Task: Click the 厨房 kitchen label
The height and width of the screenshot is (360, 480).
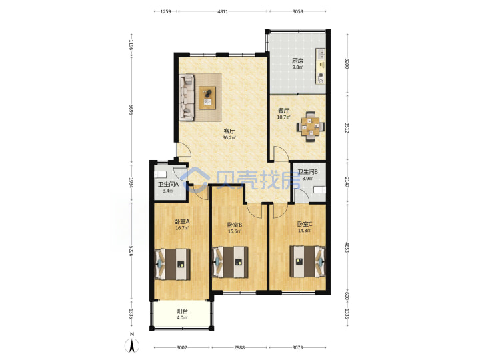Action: [297, 61]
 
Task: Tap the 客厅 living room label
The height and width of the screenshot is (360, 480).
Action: [229, 131]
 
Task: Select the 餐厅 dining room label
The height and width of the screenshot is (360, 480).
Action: [283, 111]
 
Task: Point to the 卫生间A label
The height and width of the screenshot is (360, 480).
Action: [168, 185]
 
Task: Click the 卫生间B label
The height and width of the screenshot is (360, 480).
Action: [307, 172]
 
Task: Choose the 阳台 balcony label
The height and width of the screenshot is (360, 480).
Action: [182, 311]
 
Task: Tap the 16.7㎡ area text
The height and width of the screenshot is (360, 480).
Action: [182, 228]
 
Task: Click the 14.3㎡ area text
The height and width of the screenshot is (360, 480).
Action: [305, 231]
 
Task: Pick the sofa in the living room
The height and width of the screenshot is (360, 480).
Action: [187, 97]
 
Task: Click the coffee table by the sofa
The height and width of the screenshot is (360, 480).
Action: [207, 97]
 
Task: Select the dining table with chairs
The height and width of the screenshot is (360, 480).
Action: [311, 127]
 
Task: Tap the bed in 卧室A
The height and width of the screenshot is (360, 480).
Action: [173, 264]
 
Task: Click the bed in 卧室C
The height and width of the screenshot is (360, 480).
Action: [307, 261]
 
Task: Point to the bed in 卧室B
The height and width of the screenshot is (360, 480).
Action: [230, 262]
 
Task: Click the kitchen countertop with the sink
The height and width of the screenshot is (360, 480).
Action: [321, 66]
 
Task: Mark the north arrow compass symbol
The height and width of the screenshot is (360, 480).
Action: [132, 346]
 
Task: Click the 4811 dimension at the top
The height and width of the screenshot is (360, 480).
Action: [223, 11]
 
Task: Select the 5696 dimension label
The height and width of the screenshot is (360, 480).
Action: [131, 109]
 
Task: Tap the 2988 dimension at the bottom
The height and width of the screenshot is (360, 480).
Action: [239, 347]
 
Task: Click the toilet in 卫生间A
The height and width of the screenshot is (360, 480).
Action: [161, 175]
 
